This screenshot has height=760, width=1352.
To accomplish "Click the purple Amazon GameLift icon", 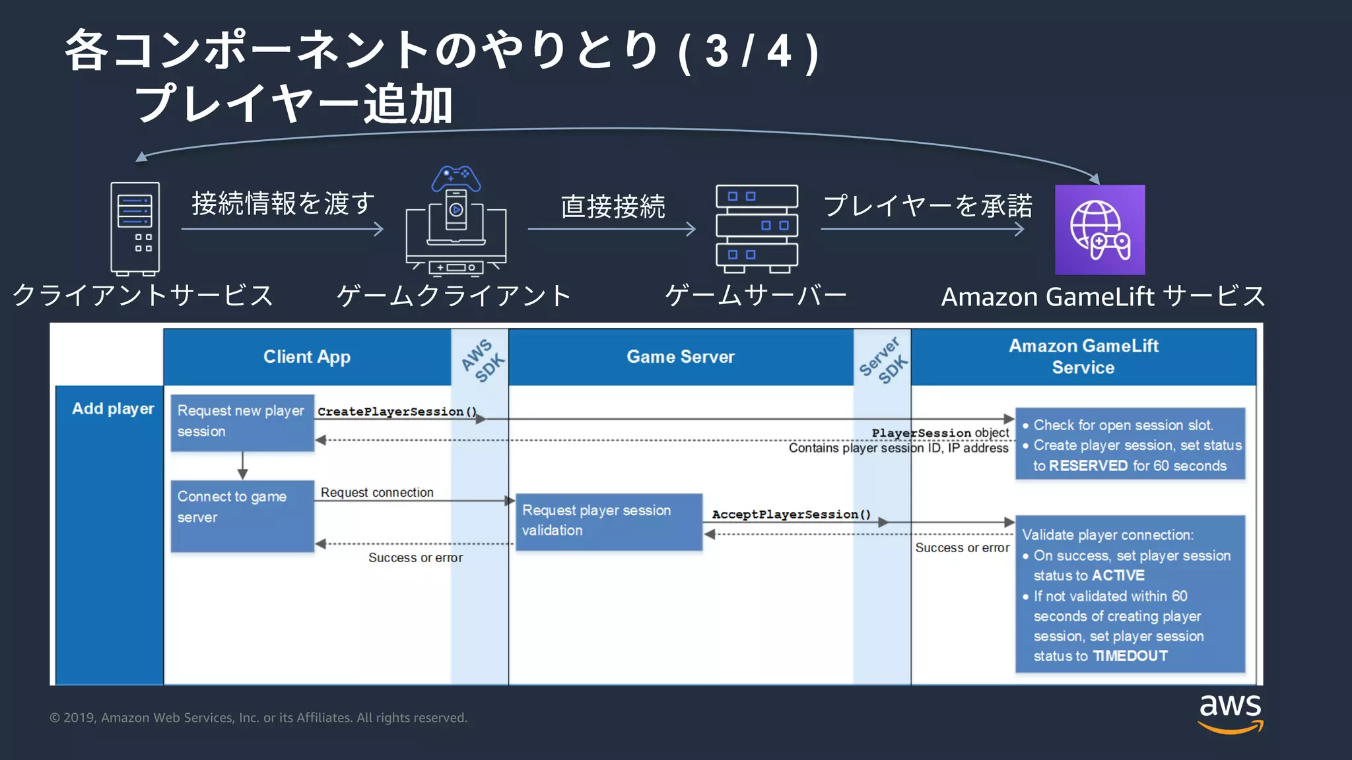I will pyautogui.click(x=1099, y=230).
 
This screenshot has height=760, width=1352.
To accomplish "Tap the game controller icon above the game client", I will pyautogui.click(x=456, y=177).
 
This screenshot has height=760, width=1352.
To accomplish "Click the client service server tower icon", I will pyautogui.click(x=135, y=228).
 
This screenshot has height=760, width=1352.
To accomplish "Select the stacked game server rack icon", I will pyautogui.click(x=757, y=228).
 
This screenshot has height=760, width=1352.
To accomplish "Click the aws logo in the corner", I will pyautogui.click(x=1230, y=712).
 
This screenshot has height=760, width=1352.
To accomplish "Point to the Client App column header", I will pyautogui.click(x=307, y=357).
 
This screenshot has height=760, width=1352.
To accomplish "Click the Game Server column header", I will pyautogui.click(x=680, y=357).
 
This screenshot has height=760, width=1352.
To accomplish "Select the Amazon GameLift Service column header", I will pyautogui.click(x=1083, y=356).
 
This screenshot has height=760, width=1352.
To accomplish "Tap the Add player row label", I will pyautogui.click(x=113, y=409).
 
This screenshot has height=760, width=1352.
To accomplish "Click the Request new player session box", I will pyautogui.click(x=242, y=422).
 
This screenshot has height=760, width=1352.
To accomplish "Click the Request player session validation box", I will pyautogui.click(x=608, y=521).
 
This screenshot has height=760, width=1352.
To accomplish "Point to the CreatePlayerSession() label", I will pyautogui.click(x=397, y=412).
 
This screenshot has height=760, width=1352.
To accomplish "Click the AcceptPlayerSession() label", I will pyautogui.click(x=791, y=515).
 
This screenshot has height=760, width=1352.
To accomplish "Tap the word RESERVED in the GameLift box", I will pyautogui.click(x=1088, y=466).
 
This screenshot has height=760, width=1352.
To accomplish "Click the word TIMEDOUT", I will pyautogui.click(x=1130, y=656).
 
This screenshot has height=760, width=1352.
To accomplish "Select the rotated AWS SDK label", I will pyautogui.click(x=483, y=360).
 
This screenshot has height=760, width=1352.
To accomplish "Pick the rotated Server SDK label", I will pyautogui.click(x=883, y=360).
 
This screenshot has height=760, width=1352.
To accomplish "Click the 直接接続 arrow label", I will pyautogui.click(x=613, y=206).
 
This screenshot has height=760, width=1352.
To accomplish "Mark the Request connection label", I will pyautogui.click(x=377, y=493).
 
